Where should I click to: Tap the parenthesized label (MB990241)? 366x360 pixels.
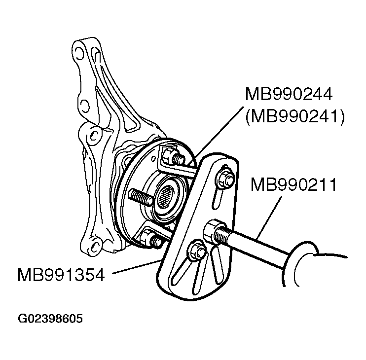(x=293, y=116)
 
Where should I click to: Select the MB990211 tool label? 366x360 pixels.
(x=293, y=185)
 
